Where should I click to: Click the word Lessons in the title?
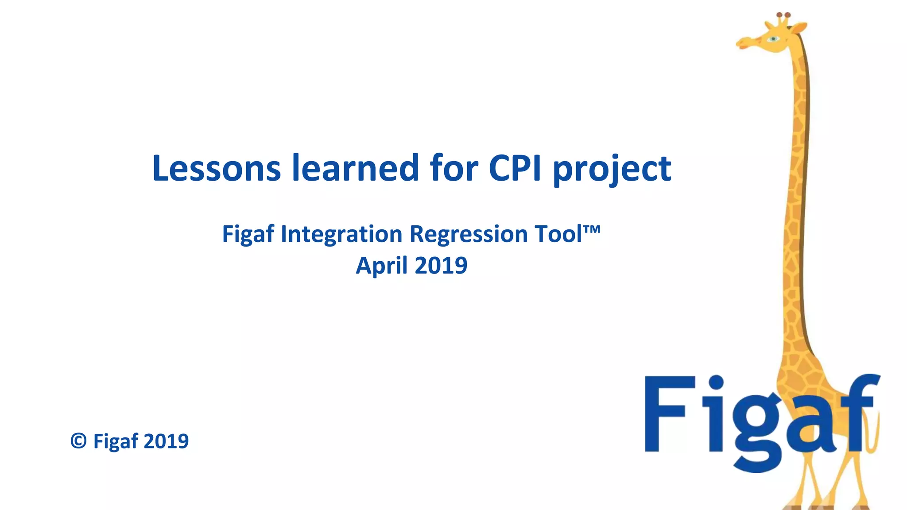pyautogui.click(x=216, y=168)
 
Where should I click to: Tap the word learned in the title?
pyautogui.click(x=355, y=168)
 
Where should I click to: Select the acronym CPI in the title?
pyautogui.click(x=515, y=168)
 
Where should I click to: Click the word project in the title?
pyautogui.click(x=612, y=170)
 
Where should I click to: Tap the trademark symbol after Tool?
pyautogui.click(x=592, y=229)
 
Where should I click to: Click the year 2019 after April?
pyautogui.click(x=441, y=266)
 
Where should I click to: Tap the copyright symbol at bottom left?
pyautogui.click(x=78, y=441)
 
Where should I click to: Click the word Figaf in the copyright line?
pyautogui.click(x=116, y=441)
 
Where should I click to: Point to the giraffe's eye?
pyautogui.click(x=773, y=39)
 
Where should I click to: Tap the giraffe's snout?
pyautogui.click(x=743, y=43)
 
